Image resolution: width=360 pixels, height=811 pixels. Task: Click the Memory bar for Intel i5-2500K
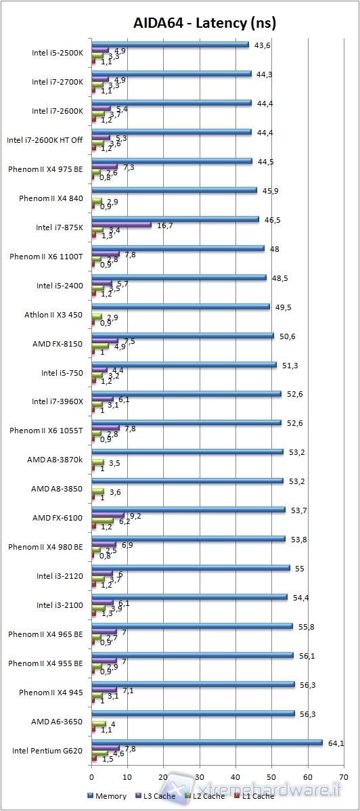point(170,45)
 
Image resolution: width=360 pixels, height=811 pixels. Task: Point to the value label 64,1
point(336,743)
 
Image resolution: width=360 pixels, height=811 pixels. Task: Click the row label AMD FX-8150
point(57,344)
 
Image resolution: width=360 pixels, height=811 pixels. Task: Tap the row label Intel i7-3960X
point(57,401)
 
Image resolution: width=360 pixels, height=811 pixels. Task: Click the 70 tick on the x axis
point(344,777)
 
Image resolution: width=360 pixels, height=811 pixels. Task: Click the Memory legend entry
point(108,796)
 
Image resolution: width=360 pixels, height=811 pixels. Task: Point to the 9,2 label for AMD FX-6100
point(136,516)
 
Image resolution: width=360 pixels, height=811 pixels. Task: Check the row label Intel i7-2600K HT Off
point(45,140)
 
